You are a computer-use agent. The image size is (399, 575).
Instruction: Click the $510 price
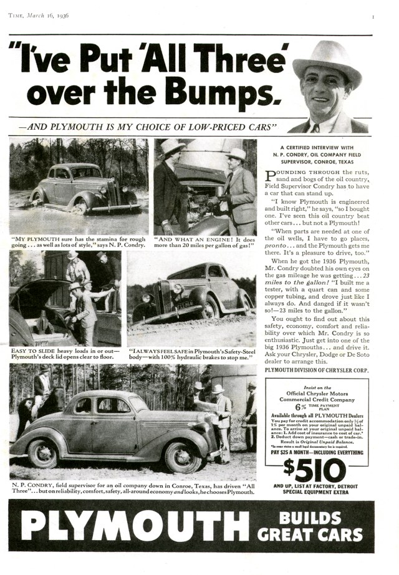click(x=315, y=470)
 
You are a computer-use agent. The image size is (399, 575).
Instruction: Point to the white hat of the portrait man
click(x=326, y=60)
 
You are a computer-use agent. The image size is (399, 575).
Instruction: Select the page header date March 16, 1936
click(x=47, y=16)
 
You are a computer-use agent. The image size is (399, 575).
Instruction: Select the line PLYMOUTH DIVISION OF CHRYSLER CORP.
click(x=316, y=370)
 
